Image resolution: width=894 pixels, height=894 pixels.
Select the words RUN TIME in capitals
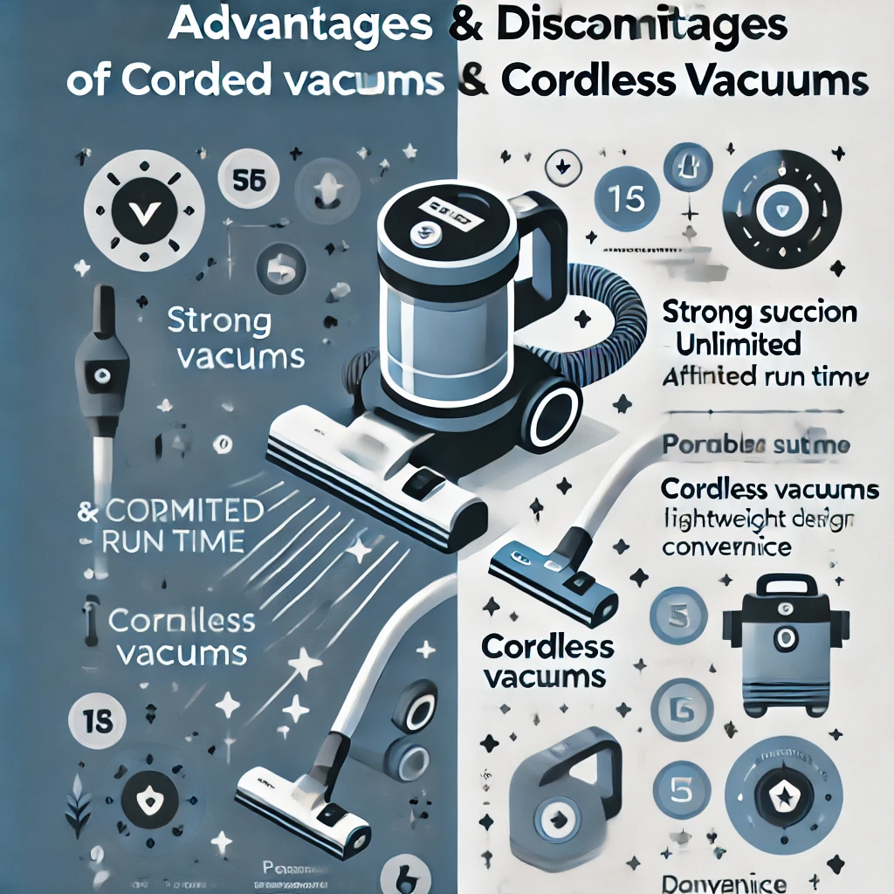pyautogui.click(x=172, y=541)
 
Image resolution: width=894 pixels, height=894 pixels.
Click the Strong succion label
pyautogui.click(x=760, y=313)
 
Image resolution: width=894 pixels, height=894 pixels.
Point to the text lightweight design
pyautogui.click(x=758, y=520)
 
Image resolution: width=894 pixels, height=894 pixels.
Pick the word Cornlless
pyautogui.click(x=181, y=622)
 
